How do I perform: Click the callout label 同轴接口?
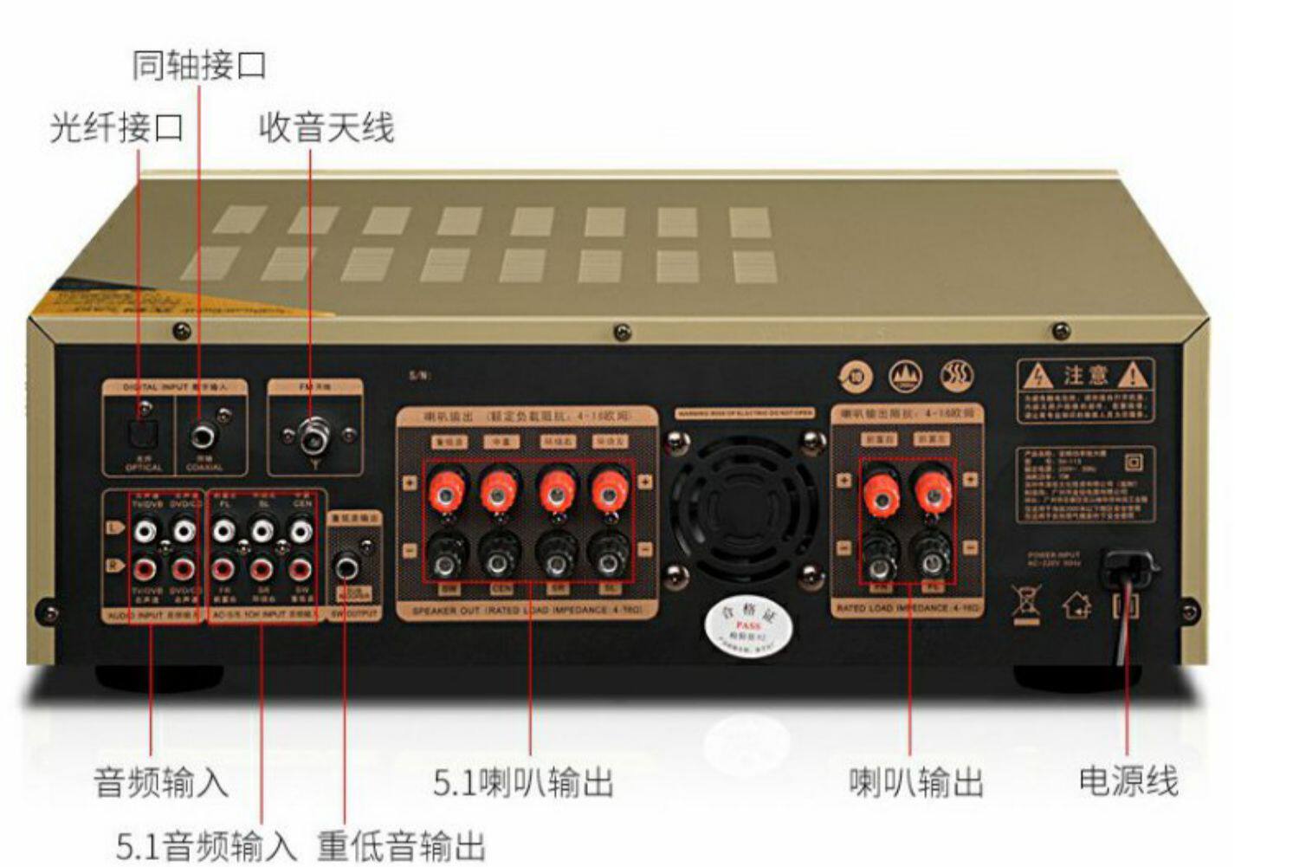click(x=199, y=66)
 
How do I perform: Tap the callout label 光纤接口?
click(x=117, y=128)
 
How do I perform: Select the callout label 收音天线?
click(x=326, y=128)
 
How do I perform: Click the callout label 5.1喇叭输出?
click(x=523, y=783)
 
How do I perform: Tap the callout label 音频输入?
click(x=161, y=783)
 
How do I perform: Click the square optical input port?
click(x=141, y=430)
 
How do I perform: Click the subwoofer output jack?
click(x=348, y=567)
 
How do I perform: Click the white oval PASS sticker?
click(x=746, y=624)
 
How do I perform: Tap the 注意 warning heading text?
click(x=1086, y=376)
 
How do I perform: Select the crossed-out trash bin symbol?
click(x=1025, y=602)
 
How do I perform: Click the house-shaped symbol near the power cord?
click(x=1076, y=604)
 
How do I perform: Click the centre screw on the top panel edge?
click(x=622, y=332)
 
